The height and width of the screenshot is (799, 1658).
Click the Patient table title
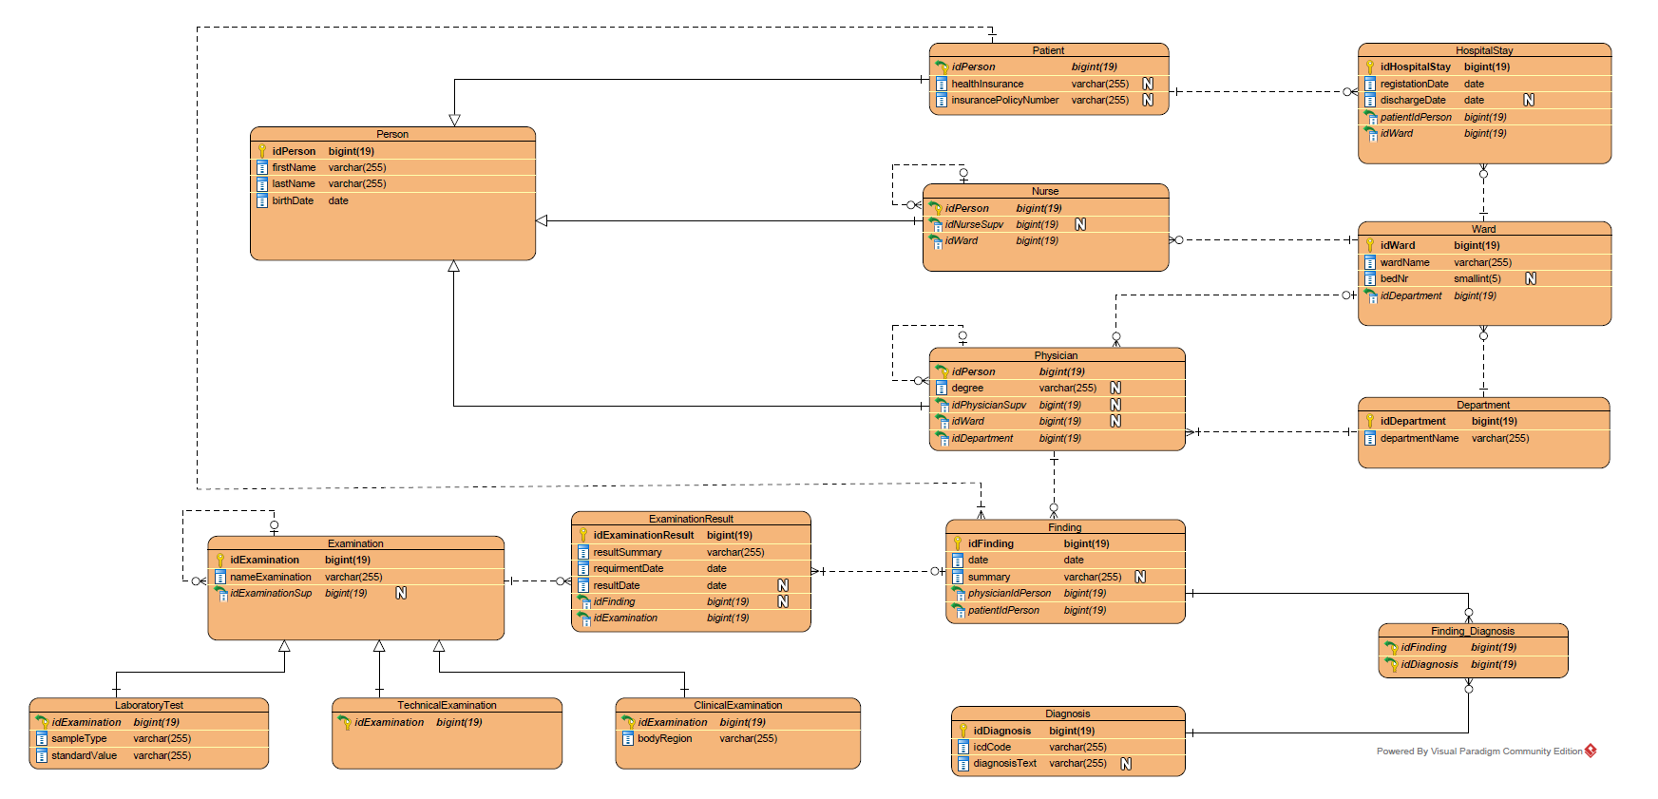click(1048, 50)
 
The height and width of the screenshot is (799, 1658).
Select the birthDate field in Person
click(293, 200)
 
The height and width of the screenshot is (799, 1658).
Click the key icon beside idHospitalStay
click(1370, 67)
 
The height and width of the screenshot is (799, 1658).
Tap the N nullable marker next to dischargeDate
click(1529, 100)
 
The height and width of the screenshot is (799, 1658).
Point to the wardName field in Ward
click(1404, 262)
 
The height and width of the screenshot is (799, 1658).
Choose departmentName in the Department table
click(1419, 438)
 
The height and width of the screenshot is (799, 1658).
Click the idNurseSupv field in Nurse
click(974, 224)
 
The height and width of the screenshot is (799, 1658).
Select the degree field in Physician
click(967, 388)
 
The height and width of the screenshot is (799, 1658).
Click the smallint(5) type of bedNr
click(1477, 278)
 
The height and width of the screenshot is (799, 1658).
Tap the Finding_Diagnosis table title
click(1472, 631)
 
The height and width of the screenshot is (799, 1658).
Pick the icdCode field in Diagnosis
click(992, 747)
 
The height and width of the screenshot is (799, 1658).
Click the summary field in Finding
click(989, 577)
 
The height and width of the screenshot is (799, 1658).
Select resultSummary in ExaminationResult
click(627, 552)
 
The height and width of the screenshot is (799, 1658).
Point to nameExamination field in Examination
click(271, 577)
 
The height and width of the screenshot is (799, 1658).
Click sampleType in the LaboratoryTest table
click(79, 738)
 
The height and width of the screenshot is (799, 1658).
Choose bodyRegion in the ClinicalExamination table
click(664, 738)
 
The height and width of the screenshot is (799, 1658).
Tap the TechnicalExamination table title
click(447, 705)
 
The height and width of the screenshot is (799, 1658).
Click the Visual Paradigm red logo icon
click(1591, 751)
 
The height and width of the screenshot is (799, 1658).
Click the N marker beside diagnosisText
click(1126, 763)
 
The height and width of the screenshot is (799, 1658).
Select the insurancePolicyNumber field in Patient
click(1004, 100)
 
